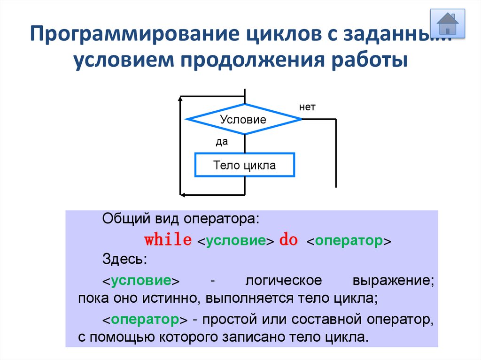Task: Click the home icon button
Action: pos(447,23)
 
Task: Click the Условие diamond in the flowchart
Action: pos(243,119)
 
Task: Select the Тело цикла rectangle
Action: pos(245,165)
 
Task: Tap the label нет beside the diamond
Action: pos(307,107)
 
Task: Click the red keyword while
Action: pos(168,240)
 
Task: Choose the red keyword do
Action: pos(288,240)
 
